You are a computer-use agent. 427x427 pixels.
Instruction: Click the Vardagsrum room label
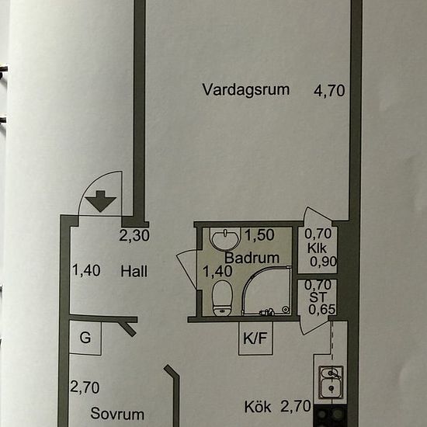(245, 90)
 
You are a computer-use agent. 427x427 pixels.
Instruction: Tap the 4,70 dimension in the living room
(329, 91)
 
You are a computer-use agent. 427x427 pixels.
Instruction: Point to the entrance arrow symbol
(101, 201)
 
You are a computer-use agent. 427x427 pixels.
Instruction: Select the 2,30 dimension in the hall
(134, 235)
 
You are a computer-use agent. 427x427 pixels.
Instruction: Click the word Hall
(134, 272)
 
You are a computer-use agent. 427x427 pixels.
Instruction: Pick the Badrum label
(252, 258)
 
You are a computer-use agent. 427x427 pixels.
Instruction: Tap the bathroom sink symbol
(225, 239)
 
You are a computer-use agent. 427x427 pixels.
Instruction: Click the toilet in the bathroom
(222, 298)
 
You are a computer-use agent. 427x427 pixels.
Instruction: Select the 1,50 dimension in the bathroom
(259, 235)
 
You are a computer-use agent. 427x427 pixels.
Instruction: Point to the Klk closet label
(317, 248)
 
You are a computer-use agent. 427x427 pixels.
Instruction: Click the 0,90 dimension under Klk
(323, 262)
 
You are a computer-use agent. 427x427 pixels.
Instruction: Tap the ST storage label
(318, 297)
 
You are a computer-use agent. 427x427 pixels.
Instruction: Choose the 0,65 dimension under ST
(322, 310)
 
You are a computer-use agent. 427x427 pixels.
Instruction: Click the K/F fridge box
(255, 338)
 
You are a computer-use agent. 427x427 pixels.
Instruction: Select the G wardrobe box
(85, 338)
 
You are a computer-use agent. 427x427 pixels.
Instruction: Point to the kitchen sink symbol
(331, 382)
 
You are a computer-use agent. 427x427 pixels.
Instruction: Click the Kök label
(258, 407)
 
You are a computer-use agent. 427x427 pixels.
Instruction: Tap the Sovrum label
(117, 414)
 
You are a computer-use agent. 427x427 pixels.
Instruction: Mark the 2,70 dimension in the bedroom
(85, 387)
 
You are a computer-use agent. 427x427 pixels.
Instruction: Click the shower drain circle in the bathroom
(285, 309)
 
